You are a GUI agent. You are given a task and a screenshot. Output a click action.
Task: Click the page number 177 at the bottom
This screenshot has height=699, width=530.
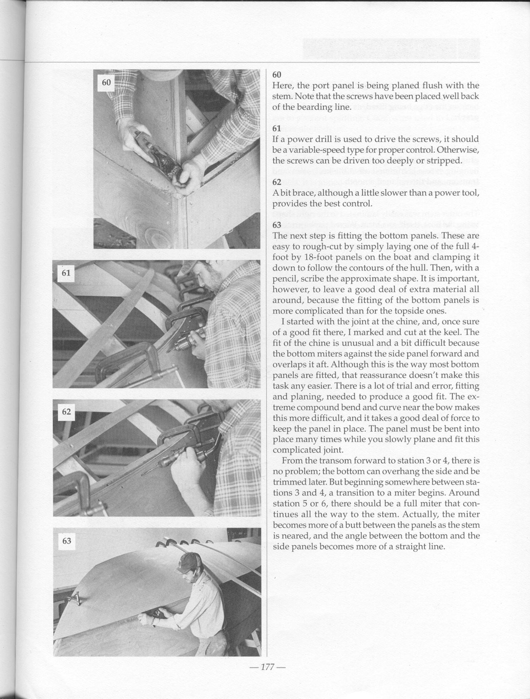[266, 667]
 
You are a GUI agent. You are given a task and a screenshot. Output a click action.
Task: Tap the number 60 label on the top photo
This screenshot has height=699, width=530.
[106, 83]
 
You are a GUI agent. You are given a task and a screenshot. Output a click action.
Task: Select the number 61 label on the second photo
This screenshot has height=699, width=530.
[66, 273]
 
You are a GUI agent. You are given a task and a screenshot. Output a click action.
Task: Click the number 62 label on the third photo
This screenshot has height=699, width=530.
[67, 411]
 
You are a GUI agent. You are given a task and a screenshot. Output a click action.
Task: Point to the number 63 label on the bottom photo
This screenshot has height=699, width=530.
[67, 541]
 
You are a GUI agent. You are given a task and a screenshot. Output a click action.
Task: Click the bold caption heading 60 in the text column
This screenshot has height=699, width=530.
[277, 75]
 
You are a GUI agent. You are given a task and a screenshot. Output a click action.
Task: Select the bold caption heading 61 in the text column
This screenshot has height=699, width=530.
[277, 129]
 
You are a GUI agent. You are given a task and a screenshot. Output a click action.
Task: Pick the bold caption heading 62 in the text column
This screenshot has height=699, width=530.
[277, 182]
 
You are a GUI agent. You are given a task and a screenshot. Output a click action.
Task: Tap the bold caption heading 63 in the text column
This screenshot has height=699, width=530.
[277, 225]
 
